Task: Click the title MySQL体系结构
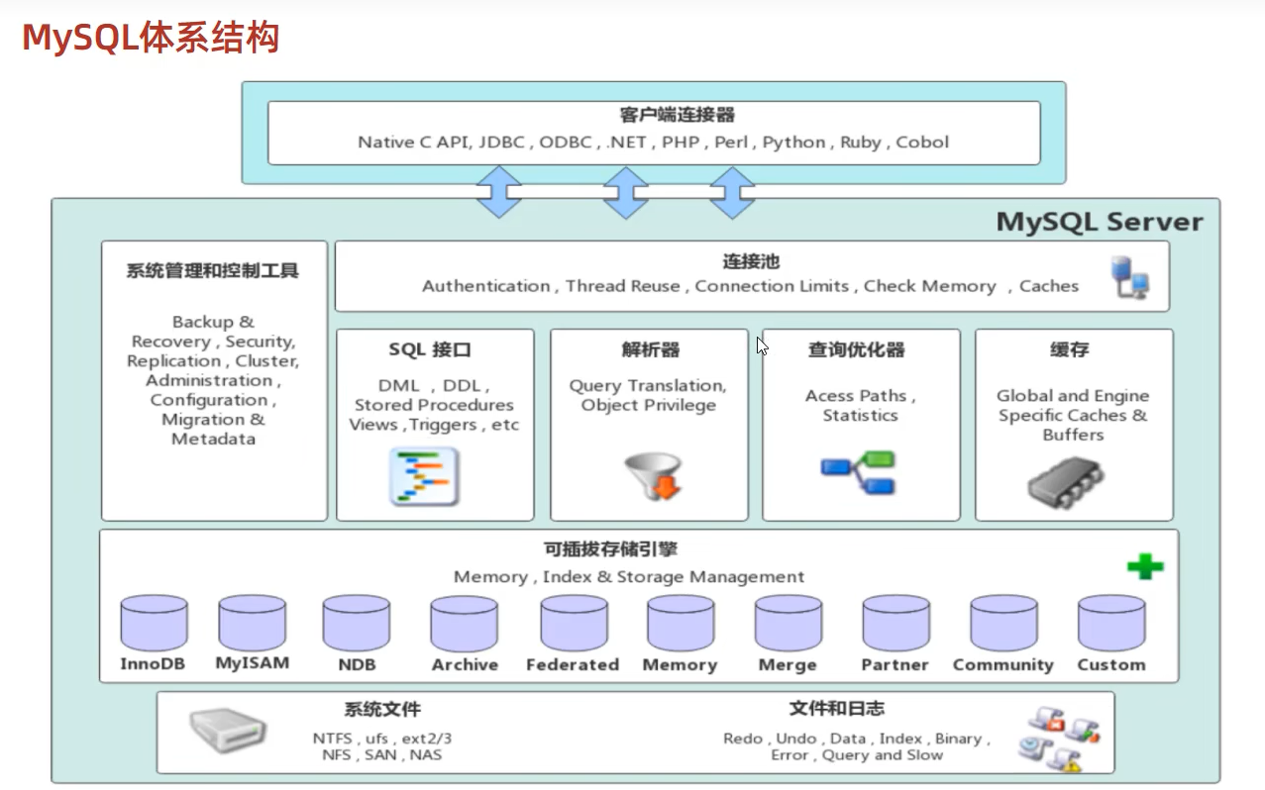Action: (151, 38)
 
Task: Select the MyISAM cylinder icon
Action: (252, 623)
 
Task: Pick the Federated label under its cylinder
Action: (573, 665)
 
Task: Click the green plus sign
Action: (1145, 567)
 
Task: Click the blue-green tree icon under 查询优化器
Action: (858, 473)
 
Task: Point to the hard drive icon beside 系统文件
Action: (228, 731)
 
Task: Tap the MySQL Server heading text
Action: (1100, 222)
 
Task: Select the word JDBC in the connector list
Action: (501, 143)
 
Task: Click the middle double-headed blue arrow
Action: (626, 192)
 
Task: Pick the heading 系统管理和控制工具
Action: (212, 271)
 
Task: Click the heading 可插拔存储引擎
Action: (610, 550)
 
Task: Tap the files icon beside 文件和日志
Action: (1058, 739)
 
